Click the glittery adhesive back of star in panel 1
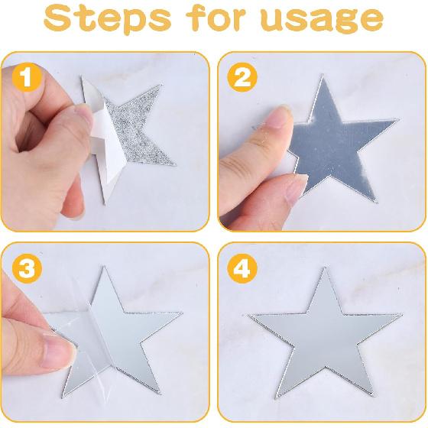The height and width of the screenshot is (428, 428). [x=145, y=126]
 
